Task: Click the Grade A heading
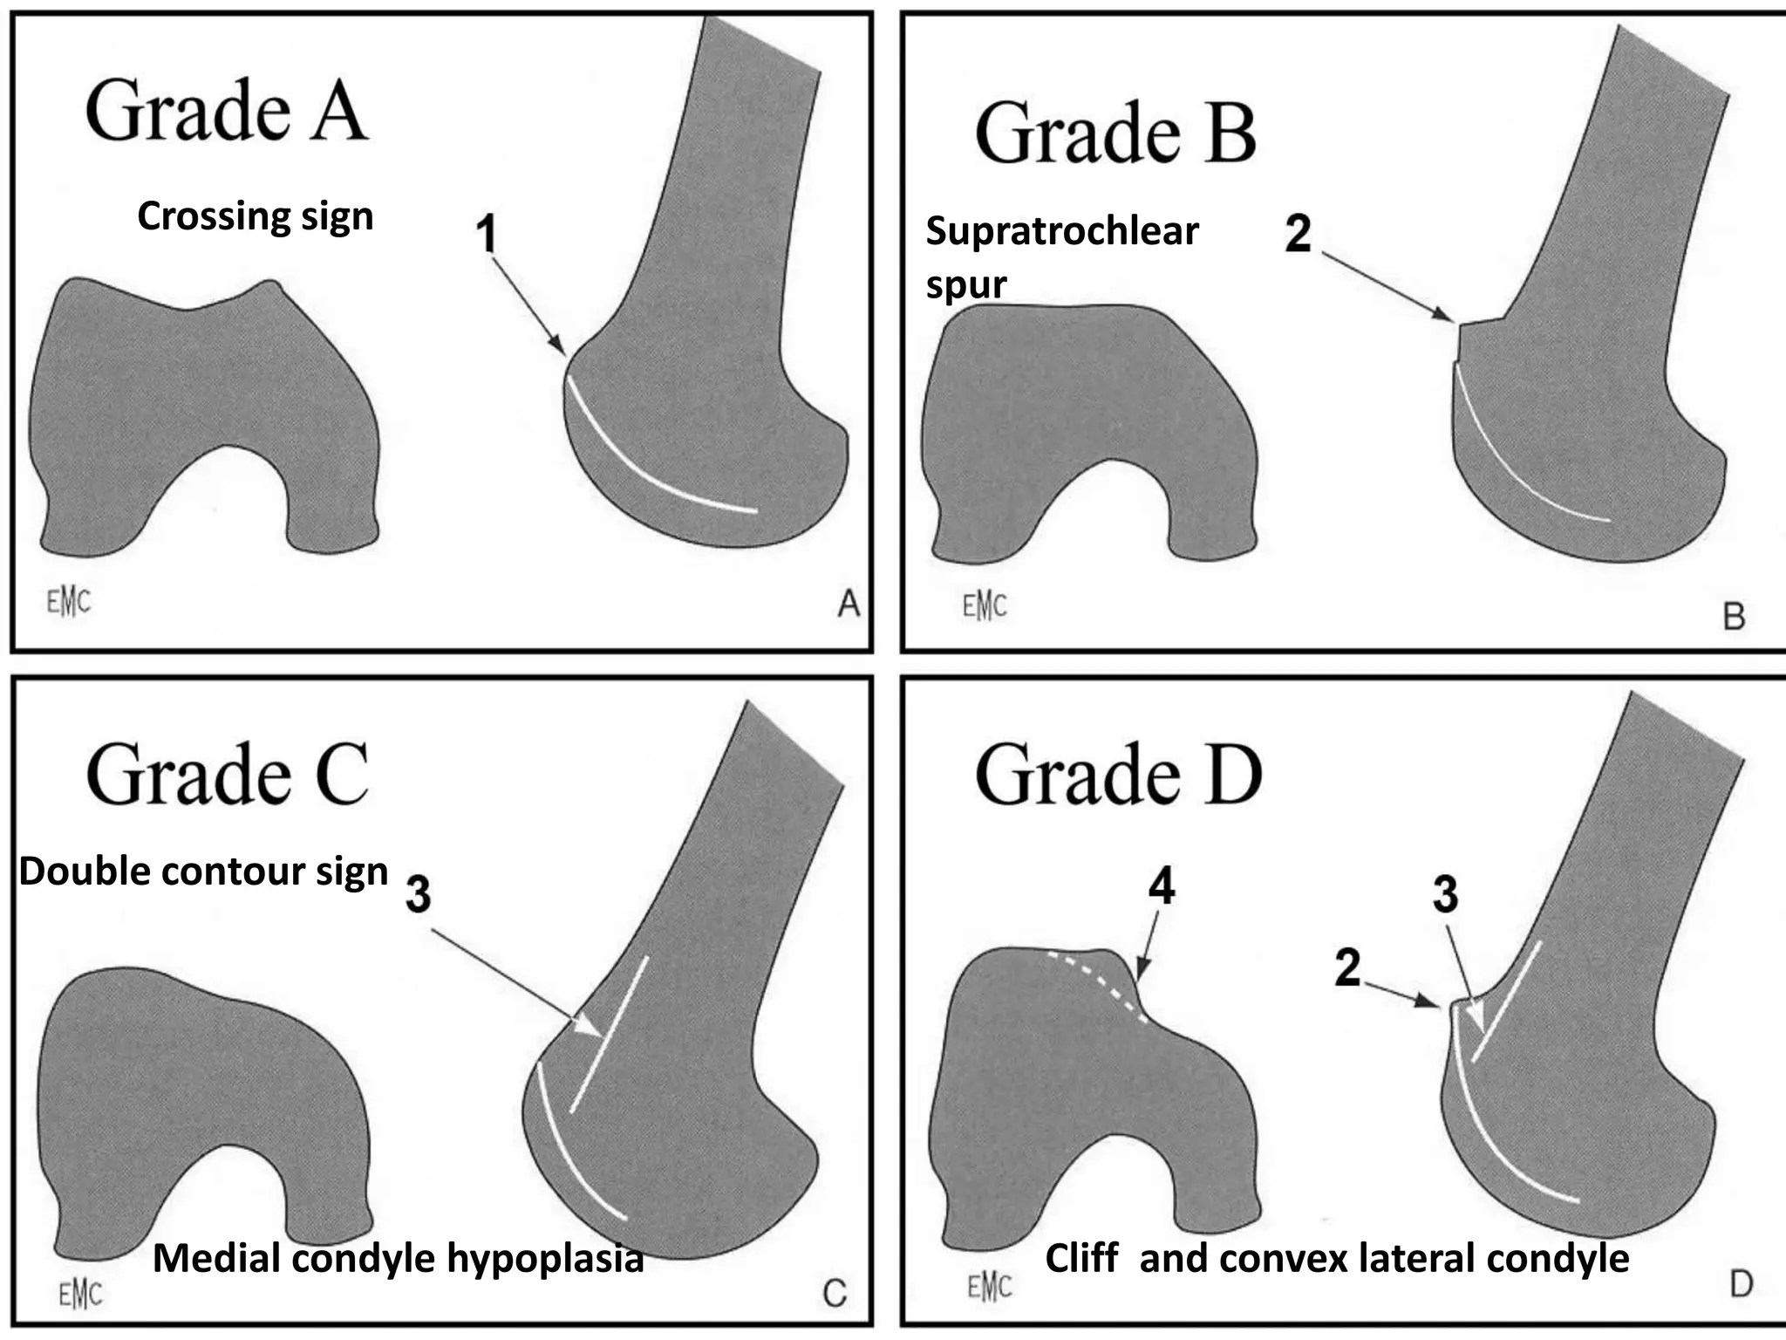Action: [x=225, y=111]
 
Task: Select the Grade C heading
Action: [x=227, y=774]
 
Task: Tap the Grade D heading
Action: [x=1117, y=774]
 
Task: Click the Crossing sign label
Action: [x=255, y=216]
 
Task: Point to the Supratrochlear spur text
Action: [x=1060, y=256]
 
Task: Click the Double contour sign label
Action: [x=203, y=872]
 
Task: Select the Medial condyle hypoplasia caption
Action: [x=398, y=1258]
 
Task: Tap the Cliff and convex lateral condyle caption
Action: [x=1336, y=1258]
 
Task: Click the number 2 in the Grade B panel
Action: [x=1298, y=234]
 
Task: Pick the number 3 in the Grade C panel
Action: [x=418, y=894]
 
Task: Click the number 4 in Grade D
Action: [x=1162, y=887]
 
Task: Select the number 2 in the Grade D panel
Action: [x=1347, y=968]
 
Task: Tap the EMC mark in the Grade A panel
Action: [x=68, y=601]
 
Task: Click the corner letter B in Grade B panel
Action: [x=1734, y=617]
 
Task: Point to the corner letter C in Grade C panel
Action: [x=835, y=1293]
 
